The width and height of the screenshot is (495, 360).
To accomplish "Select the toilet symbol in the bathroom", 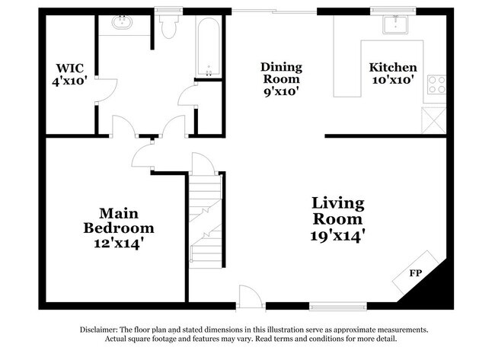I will [x=168, y=27].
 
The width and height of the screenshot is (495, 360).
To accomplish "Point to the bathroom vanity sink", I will [x=121, y=23].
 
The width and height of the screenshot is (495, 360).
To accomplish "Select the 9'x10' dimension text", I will [x=281, y=91].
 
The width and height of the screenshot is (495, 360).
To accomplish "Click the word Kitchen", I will [x=393, y=67].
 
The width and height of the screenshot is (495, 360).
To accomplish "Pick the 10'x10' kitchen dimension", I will [x=393, y=79].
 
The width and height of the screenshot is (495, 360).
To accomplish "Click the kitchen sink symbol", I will [x=397, y=24].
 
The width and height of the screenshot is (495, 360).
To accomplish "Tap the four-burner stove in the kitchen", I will [x=437, y=84].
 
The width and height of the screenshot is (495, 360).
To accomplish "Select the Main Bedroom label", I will [x=118, y=220].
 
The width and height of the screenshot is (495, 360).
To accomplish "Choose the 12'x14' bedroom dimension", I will [x=118, y=243].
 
